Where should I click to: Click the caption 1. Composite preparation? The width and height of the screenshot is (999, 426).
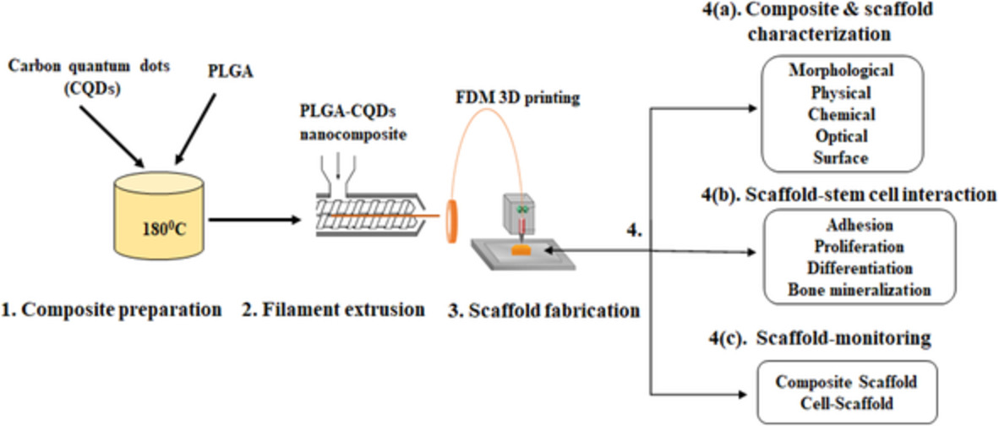pos(112,309)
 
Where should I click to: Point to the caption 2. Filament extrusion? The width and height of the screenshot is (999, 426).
pos(333,309)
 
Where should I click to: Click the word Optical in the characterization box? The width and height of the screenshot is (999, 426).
pos(842,135)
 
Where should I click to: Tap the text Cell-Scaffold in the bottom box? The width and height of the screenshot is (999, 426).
pos(846,402)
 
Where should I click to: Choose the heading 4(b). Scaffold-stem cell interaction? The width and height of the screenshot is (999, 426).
pos(849,194)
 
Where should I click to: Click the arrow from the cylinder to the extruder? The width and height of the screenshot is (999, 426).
pos(254,221)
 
